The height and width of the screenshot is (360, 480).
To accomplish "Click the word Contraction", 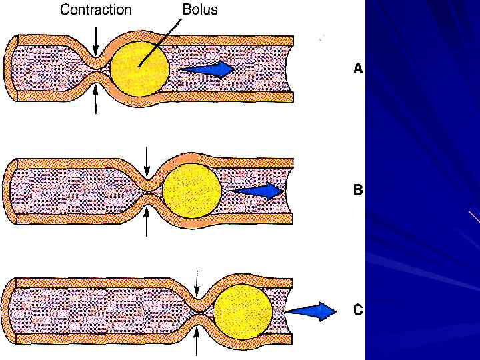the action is pyautogui.click(x=96, y=10).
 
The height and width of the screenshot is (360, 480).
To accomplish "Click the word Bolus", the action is pyautogui.click(x=200, y=10).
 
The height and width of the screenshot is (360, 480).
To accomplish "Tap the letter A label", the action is pyautogui.click(x=358, y=68).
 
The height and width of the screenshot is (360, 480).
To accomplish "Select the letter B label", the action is pyautogui.click(x=358, y=189).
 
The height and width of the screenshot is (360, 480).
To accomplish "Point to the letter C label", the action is pyautogui.click(x=358, y=310).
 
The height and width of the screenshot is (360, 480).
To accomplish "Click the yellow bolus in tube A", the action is pyautogui.click(x=139, y=67).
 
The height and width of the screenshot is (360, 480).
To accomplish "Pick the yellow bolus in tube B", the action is pyautogui.click(x=191, y=189).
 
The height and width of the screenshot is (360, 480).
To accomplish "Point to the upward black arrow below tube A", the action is pyautogui.click(x=96, y=99).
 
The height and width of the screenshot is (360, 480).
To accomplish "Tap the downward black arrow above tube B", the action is pyautogui.click(x=147, y=160).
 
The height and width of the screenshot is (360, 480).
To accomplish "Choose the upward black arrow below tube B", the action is pyautogui.click(x=147, y=221).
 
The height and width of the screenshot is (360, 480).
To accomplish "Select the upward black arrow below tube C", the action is pyautogui.click(x=197, y=341).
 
